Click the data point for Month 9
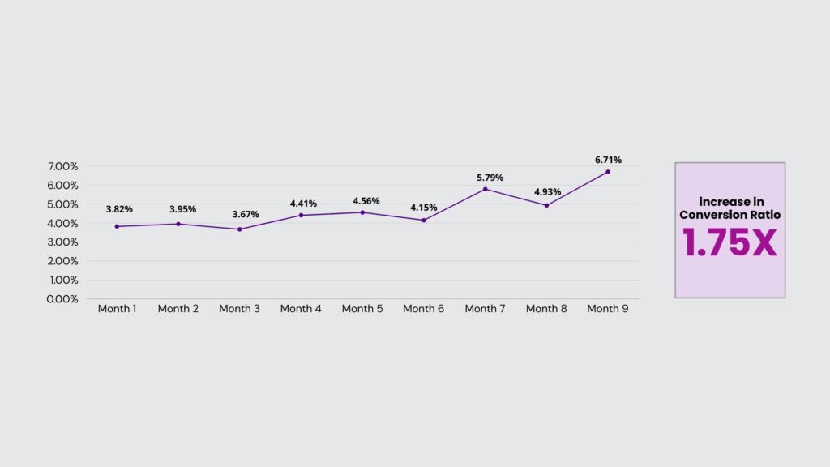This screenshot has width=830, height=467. tap(607, 172)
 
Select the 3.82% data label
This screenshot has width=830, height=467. tap(119, 209)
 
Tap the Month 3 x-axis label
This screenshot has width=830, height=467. tap(239, 309)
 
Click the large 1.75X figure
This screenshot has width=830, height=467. tap(729, 242)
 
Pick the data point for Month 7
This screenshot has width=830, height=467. tap(485, 189)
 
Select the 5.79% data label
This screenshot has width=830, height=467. tap(489, 178)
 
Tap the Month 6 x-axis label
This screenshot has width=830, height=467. tap(423, 309)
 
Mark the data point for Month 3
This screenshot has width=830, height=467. tap(240, 229)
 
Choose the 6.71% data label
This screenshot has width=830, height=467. tap(608, 160)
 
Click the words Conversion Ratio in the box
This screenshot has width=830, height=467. tap(729, 215)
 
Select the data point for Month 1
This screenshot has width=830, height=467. tap(117, 226)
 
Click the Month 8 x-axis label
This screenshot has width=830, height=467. tap(546, 309)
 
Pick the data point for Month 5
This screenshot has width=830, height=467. tap(362, 212)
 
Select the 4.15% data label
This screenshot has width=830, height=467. tap(423, 208)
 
